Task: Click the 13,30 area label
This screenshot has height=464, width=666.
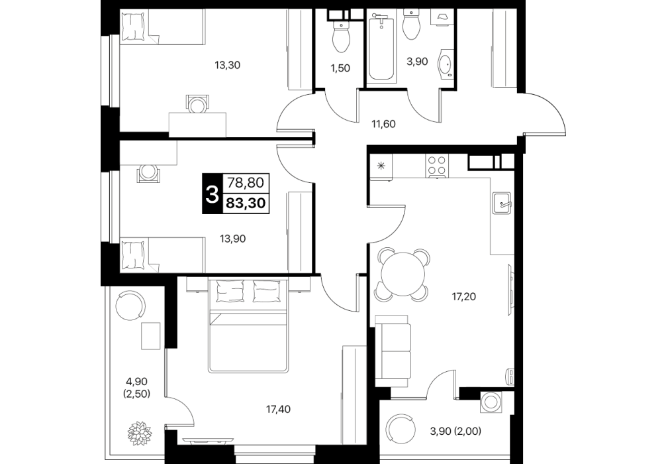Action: pyautogui.click(x=227, y=65)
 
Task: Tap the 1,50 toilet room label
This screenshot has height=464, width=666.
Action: pyautogui.click(x=340, y=68)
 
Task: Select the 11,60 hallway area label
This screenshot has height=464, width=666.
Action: pyautogui.click(x=383, y=124)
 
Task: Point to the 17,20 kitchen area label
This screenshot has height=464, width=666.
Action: pyautogui.click(x=463, y=296)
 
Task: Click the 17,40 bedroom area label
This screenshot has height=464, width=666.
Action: pyautogui.click(x=278, y=410)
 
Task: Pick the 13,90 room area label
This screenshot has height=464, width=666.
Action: pyautogui.click(x=232, y=239)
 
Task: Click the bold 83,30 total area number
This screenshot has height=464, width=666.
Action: pyautogui.click(x=246, y=203)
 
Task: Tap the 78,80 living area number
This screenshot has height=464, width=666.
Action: pyautogui.click(x=246, y=183)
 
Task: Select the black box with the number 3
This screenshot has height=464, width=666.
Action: pyautogui.click(x=212, y=194)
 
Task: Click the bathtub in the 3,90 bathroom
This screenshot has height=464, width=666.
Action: pyautogui.click(x=381, y=47)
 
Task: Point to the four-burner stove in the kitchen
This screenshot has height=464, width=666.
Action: pyautogui.click(x=437, y=166)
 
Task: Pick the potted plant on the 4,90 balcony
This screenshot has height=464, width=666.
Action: pyautogui.click(x=140, y=434)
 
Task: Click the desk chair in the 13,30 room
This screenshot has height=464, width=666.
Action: pyautogui.click(x=198, y=103)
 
